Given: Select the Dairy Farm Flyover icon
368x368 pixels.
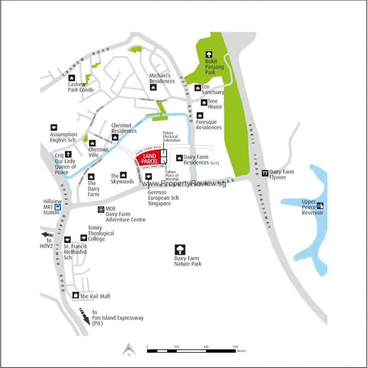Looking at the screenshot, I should [265, 173].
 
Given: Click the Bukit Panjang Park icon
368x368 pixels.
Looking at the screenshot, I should [209, 55].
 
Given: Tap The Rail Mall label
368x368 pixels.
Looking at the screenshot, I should [95, 296].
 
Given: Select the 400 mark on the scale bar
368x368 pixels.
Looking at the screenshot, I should [206, 346].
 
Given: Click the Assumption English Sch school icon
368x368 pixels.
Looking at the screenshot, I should [54, 127].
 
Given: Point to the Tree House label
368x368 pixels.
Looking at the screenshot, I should [214, 104].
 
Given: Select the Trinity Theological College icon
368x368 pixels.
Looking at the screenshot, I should [83, 238].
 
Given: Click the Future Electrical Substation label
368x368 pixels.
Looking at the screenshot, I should [172, 137].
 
